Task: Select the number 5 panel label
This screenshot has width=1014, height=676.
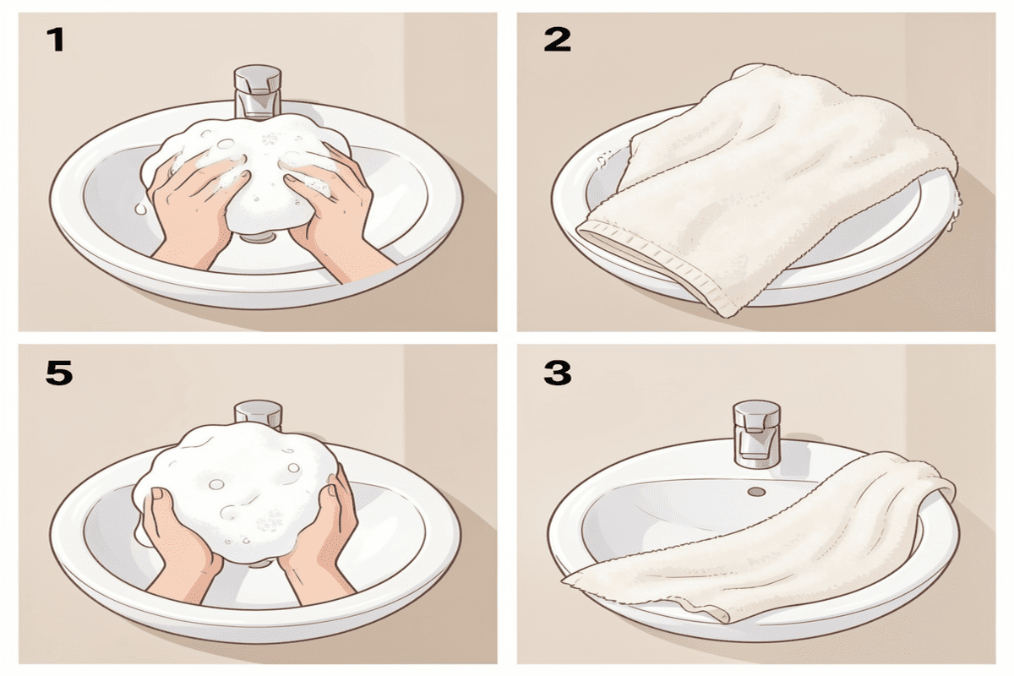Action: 58,373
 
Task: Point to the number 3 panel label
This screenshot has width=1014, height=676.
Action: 557,373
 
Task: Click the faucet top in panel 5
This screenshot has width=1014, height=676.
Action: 257,412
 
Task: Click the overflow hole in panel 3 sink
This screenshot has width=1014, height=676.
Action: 756,491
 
